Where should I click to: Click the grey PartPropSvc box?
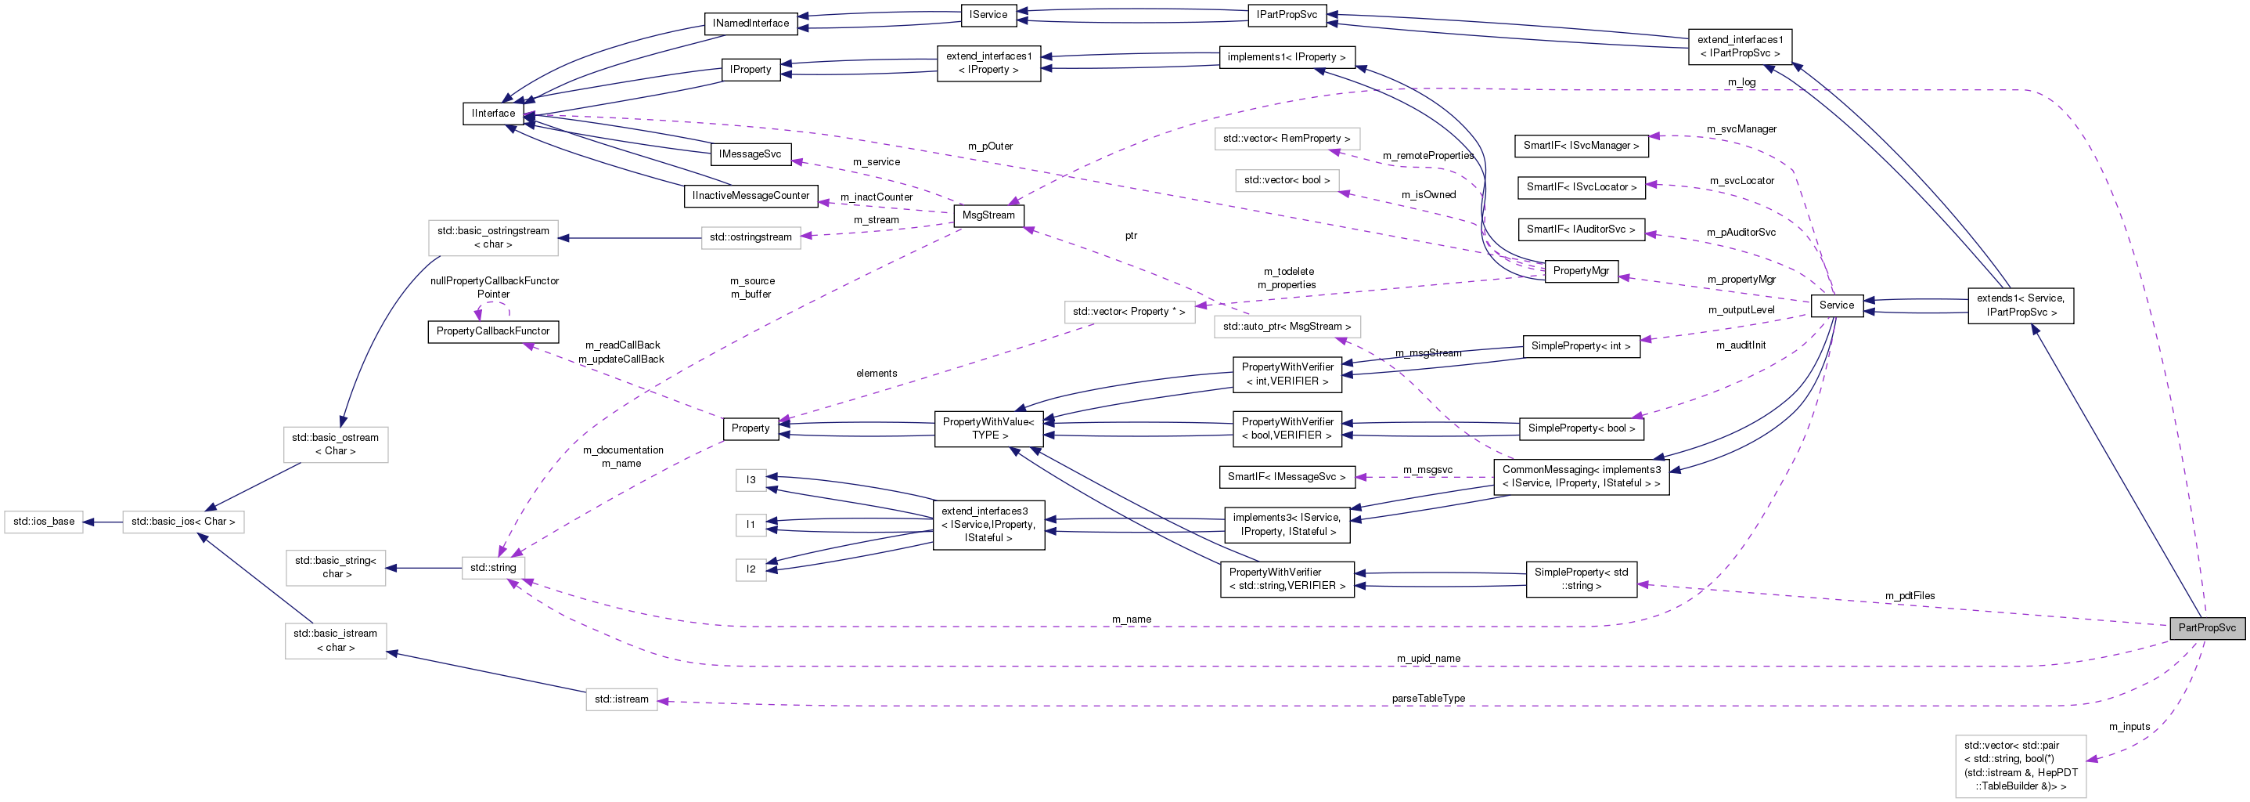[x=2206, y=628]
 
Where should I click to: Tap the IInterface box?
[x=494, y=114]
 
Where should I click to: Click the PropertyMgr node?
[x=1580, y=271]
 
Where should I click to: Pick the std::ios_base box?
[x=44, y=522]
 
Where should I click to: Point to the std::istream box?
[x=621, y=699]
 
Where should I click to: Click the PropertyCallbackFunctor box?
[x=492, y=331]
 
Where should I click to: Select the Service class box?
[x=1836, y=305]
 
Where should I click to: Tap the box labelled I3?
[x=751, y=479]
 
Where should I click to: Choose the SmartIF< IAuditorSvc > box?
[x=1580, y=229]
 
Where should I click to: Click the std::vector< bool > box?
[x=1287, y=180]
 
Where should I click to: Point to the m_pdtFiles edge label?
[x=1910, y=596]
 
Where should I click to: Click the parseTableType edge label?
[x=1428, y=698]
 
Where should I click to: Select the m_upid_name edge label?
[x=1428, y=658]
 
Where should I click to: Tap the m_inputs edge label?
[x=2129, y=727]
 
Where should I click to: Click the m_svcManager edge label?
[x=1741, y=129]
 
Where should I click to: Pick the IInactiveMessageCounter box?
[x=751, y=196]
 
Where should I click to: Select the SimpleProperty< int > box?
[x=1580, y=346]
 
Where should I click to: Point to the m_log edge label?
[x=1741, y=82]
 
